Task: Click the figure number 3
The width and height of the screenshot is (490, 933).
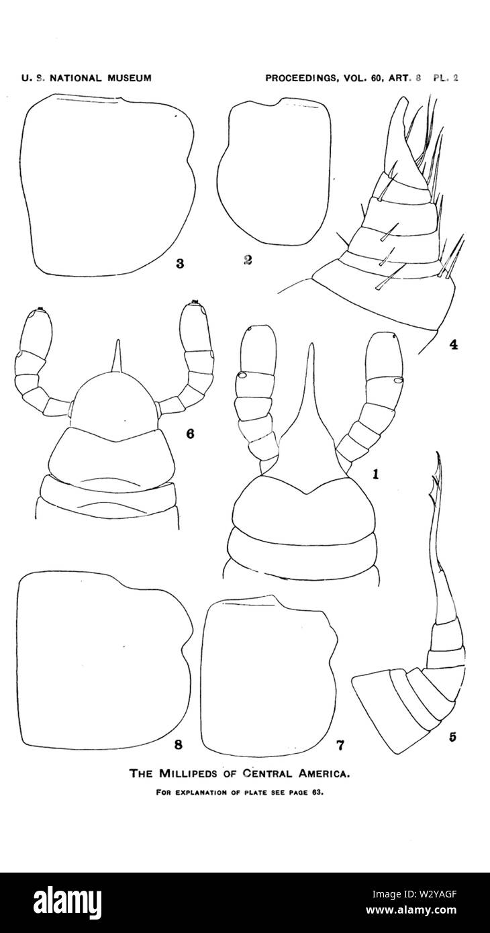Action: tap(180, 263)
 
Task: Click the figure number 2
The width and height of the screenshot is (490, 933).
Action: tap(248, 260)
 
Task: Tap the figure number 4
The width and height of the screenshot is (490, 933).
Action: tap(454, 344)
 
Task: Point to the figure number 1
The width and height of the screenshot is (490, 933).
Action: tap(375, 474)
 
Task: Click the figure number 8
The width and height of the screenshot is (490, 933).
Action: tap(179, 744)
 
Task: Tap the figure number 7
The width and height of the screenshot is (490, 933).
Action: tap(340, 745)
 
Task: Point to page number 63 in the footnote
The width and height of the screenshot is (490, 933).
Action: tap(318, 793)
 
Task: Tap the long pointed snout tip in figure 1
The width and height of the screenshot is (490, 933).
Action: tap(310, 344)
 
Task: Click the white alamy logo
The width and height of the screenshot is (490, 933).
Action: tap(68, 901)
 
